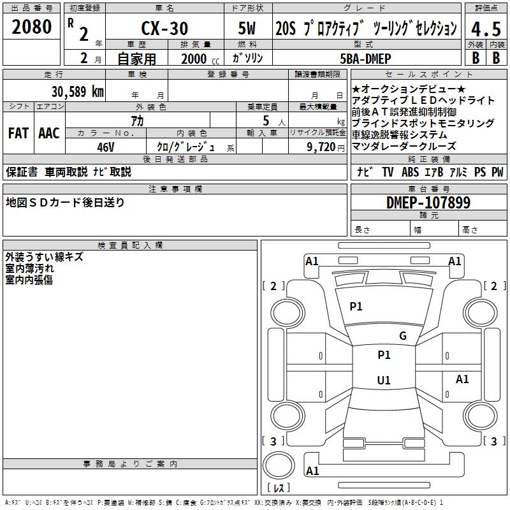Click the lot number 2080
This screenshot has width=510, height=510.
click(x=32, y=27)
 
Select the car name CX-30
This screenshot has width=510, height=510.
click(x=164, y=29)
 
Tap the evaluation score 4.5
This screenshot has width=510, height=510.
click(x=484, y=29)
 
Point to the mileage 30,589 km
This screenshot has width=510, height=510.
click(x=78, y=91)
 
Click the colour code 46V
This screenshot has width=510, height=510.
click(x=106, y=147)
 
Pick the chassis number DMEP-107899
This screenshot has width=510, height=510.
click(x=428, y=203)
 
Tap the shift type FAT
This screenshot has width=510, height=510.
click(x=18, y=133)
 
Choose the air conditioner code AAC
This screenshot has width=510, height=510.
click(x=49, y=133)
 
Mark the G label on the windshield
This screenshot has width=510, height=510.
click(x=402, y=336)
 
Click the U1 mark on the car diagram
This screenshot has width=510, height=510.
click(x=384, y=381)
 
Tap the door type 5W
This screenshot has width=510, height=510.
click(x=248, y=29)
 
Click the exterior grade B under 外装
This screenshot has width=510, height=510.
click(x=475, y=58)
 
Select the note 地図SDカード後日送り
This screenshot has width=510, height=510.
click(x=66, y=203)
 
